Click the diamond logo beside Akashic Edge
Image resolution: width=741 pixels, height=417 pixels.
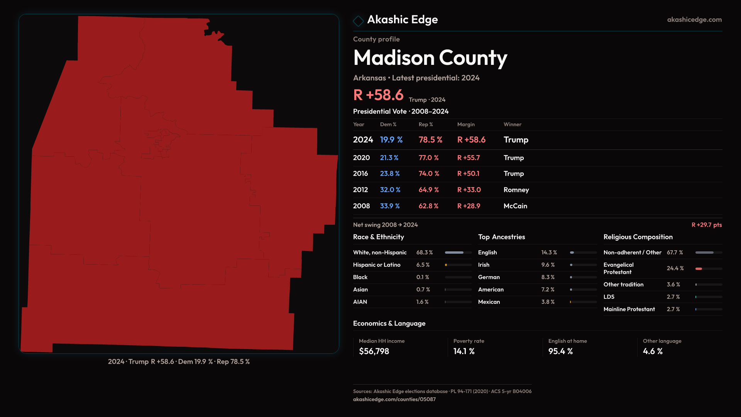coord(358,21)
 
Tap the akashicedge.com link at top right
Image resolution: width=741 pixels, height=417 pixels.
coord(694,20)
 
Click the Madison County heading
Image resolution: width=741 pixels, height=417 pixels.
coord(430,58)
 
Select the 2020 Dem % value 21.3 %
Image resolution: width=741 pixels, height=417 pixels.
coord(389,158)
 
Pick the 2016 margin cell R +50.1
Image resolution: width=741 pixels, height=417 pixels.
coord(468,174)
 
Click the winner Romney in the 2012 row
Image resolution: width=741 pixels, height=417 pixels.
coord(516,190)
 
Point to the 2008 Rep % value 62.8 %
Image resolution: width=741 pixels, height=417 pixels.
coord(428,206)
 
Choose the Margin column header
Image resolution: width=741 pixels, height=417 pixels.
coord(466,124)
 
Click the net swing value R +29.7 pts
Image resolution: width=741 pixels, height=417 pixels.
coord(706,225)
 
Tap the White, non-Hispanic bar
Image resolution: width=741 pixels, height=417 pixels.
coord(458,253)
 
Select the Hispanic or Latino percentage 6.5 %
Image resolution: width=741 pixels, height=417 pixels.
coord(423,265)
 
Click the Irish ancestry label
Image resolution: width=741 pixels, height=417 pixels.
coord(484,265)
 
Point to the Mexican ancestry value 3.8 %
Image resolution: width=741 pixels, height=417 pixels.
coord(548,302)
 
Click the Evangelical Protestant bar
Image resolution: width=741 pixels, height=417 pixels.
coord(708,268)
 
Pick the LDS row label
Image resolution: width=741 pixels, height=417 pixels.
coord(609,297)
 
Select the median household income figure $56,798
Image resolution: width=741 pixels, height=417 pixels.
coord(374,351)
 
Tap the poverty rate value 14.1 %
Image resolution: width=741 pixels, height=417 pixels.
coord(464,351)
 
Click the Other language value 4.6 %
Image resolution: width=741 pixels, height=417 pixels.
coord(652,351)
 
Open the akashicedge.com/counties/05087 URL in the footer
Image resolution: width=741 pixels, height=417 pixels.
coord(394,399)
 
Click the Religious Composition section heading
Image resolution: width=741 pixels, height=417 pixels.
coord(638,237)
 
